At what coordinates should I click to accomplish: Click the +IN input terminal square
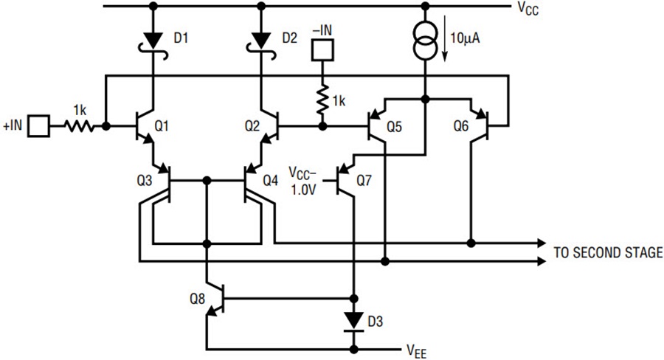point(38,126)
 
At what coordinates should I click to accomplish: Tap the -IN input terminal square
point(322,50)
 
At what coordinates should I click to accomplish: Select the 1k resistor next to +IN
point(79,126)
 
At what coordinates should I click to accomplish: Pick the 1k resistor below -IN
point(322,100)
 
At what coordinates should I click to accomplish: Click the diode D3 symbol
point(354,322)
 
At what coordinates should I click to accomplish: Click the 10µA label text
point(465,38)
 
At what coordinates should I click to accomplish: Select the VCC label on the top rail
point(528,8)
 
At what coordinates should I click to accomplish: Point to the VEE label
point(417,351)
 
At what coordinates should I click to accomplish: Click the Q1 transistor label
point(162,126)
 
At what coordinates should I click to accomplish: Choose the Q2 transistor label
point(252,126)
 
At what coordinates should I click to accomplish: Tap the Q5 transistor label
point(394,127)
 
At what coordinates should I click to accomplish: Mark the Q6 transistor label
point(461,126)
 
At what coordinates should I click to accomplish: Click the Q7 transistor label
point(364,181)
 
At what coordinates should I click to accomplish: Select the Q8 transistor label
point(197,299)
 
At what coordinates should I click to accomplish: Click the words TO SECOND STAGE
point(608,252)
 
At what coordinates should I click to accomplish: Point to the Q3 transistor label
point(145,181)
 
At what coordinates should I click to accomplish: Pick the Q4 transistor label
point(271,181)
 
